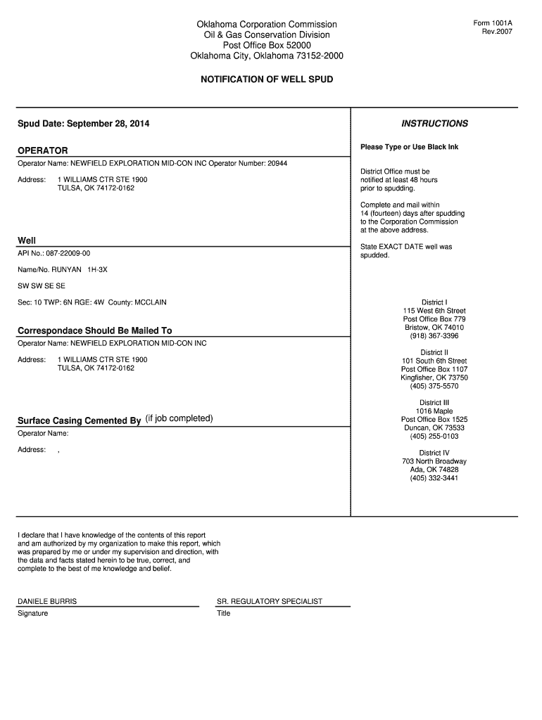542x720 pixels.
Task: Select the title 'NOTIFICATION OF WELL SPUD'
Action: (x=267, y=79)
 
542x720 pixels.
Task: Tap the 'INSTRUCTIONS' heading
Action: (x=434, y=124)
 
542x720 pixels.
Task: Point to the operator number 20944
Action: (x=277, y=163)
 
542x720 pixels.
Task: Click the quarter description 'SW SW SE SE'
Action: (x=42, y=286)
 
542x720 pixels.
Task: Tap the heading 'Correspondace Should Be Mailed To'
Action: (x=94, y=330)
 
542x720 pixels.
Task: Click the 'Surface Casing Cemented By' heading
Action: (x=79, y=421)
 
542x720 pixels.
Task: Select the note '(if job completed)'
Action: (x=179, y=419)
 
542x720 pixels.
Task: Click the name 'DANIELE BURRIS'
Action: (x=47, y=602)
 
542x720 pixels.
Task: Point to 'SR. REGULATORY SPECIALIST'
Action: (x=270, y=602)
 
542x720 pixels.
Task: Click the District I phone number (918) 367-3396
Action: (x=434, y=336)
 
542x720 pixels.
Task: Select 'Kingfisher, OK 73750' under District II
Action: (x=434, y=378)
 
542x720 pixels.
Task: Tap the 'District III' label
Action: (x=434, y=403)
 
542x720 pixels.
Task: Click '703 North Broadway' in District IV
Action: (x=434, y=461)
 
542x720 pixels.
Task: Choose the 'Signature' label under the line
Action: (x=33, y=614)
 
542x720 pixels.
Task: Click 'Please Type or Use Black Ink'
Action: (x=409, y=147)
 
